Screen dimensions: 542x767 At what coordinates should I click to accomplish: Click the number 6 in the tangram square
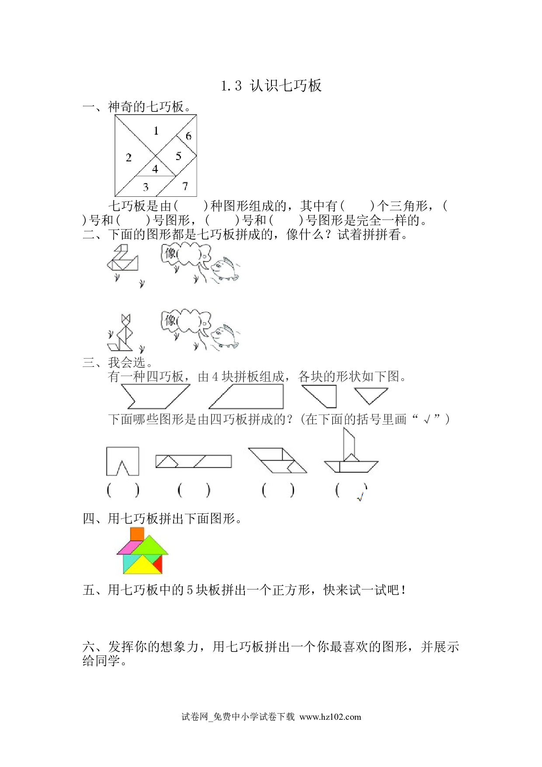pos(188,136)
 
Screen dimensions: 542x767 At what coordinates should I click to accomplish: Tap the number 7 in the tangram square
pos(185,186)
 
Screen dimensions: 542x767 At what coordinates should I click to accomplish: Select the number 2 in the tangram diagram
pos(129,157)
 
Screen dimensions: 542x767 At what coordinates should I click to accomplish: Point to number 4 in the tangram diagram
pos(155,169)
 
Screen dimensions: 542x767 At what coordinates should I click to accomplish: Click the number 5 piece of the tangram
pos(178,156)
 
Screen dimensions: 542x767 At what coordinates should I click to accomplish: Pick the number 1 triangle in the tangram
pos(156,131)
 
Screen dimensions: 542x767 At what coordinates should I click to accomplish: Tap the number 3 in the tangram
pos(146,187)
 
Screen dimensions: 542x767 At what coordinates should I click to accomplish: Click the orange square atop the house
pos(137,534)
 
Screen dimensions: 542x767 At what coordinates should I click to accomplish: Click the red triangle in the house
pos(158,564)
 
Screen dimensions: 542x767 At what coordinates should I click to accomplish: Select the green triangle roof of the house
pos(150,545)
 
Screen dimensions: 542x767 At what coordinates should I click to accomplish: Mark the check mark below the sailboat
pos(361,497)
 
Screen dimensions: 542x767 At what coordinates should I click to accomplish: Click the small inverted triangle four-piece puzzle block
pos(371,396)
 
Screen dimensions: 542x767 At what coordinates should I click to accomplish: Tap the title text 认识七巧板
pos(286,85)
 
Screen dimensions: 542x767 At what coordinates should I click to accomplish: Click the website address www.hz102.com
pos(330,717)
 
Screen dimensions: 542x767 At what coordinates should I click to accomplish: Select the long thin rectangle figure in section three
pos(194,461)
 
